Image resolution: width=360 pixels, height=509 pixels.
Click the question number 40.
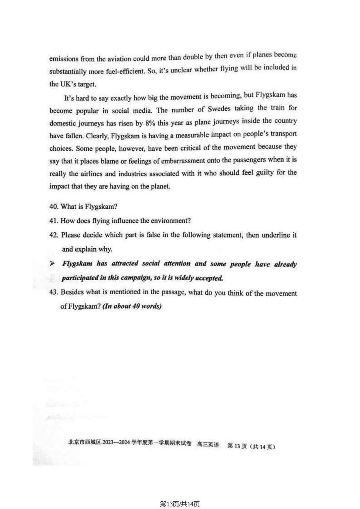54,207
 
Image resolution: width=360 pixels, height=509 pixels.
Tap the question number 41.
54,221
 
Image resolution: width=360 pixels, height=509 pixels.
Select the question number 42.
54,235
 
